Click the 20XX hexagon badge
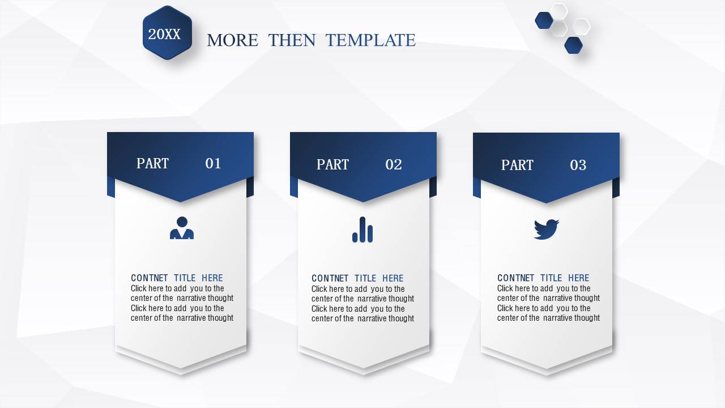(x=167, y=33)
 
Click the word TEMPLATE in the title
(x=370, y=40)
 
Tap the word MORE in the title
(x=232, y=40)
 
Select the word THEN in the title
(x=292, y=40)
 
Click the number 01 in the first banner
(x=213, y=163)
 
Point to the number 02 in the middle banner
(x=394, y=164)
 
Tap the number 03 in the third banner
(x=578, y=165)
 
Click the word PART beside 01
(x=152, y=163)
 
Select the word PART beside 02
(x=332, y=164)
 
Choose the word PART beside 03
(x=517, y=165)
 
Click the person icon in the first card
(x=182, y=228)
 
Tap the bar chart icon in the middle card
(x=362, y=229)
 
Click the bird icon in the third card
(x=547, y=229)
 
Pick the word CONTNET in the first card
(x=149, y=278)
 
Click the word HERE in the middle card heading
(x=393, y=278)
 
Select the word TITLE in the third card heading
(x=551, y=278)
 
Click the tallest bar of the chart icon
(x=362, y=229)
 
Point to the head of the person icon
(x=182, y=222)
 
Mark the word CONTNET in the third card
(x=515, y=278)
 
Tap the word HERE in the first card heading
(x=212, y=278)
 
